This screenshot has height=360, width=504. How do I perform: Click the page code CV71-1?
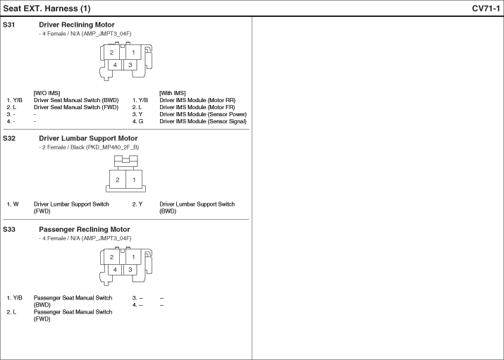[486, 8]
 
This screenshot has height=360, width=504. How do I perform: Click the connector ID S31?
[8, 25]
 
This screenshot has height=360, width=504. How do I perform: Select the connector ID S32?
[9, 138]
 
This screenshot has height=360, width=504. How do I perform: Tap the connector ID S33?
[9, 229]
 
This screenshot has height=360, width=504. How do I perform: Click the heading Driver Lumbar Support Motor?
[88, 138]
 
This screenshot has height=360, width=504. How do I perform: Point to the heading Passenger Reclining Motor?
[84, 229]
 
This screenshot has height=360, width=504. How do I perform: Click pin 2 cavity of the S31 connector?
[111, 52]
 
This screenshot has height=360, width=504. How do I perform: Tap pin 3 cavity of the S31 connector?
[130, 65]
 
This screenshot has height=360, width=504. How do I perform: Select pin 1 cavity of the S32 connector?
[134, 180]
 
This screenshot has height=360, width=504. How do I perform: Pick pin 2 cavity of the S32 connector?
[118, 180]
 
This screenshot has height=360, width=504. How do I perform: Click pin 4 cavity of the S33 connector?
[115, 269]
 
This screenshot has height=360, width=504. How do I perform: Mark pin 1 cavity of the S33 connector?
[133, 257]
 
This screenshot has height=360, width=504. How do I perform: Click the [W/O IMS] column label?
[47, 93]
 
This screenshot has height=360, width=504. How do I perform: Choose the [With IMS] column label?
[172, 93]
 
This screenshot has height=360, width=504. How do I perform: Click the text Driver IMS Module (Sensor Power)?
[203, 114]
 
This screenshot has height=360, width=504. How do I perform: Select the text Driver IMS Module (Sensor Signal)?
[203, 121]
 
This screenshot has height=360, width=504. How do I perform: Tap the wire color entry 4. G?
[137, 121]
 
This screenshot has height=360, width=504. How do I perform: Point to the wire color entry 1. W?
[13, 204]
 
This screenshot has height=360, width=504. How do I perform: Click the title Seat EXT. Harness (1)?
[47, 8]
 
